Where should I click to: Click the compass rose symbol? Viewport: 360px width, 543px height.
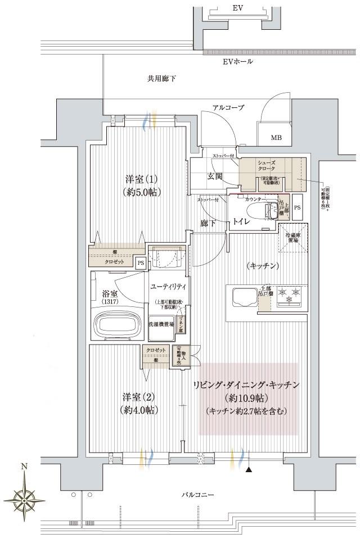[x=24, y=495]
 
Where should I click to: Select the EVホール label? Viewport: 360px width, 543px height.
[x=237, y=61]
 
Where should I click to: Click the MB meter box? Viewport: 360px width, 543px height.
[x=277, y=137]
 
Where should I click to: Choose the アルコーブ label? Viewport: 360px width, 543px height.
[x=227, y=107]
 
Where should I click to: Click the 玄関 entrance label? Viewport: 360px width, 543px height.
[x=214, y=176]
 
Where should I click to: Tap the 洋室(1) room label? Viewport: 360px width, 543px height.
[x=141, y=185]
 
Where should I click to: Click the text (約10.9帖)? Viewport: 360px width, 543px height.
[x=248, y=398]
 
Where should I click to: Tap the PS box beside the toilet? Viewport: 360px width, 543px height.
[x=297, y=207]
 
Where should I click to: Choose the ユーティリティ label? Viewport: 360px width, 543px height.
[x=168, y=287]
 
